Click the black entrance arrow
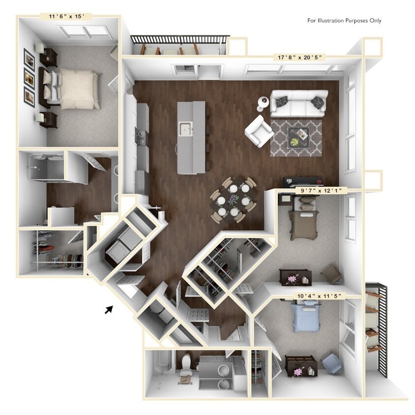tap(109, 309)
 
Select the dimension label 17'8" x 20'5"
tap(300, 57)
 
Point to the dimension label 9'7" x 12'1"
tap(318, 190)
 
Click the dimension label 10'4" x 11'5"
tap(320, 295)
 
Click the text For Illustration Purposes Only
tap(344, 21)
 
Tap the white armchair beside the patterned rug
tap(259, 130)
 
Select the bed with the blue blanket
tap(303, 318)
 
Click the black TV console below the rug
tap(302, 181)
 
